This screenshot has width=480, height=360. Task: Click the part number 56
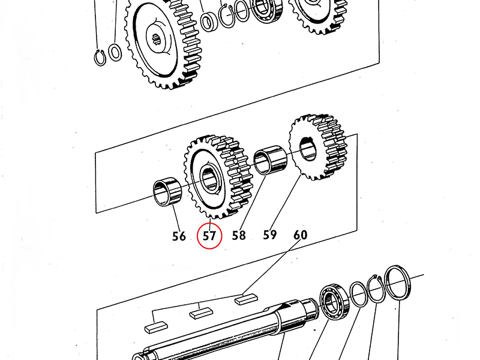pos(179,236)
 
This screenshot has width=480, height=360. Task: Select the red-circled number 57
pos(209,236)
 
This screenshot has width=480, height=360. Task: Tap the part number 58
pos(239,235)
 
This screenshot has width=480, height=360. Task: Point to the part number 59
pos(269,233)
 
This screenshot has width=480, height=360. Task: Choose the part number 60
pos(300,234)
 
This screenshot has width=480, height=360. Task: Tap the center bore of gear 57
pos(211,178)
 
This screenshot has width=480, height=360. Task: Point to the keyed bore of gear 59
pos(309,148)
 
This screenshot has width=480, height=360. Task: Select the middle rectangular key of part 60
pos(201,312)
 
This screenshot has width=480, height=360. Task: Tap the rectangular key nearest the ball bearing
pos(246,296)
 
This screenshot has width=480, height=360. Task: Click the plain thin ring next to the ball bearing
pos(358,294)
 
